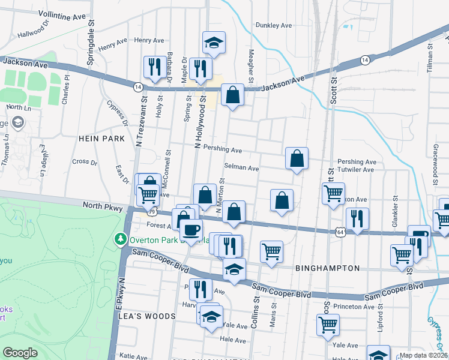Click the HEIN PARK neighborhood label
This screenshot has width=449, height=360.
(101, 139)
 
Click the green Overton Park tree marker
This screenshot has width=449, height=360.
(121, 239)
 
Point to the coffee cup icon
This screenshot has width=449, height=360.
(191, 229)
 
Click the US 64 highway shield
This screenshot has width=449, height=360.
(340, 232)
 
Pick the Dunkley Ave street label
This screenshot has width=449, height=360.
(274, 25)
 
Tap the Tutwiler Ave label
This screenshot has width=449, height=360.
(357, 170)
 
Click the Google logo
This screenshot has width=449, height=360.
(20, 353)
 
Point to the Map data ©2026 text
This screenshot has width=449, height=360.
(424, 355)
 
